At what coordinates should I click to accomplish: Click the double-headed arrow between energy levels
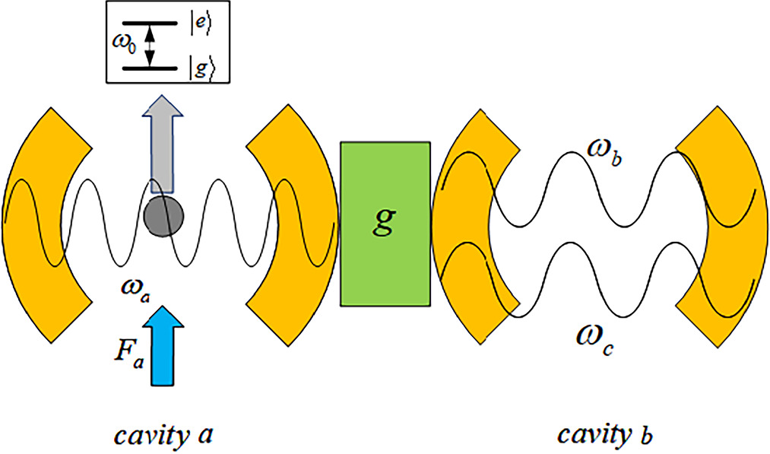point(150,45)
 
